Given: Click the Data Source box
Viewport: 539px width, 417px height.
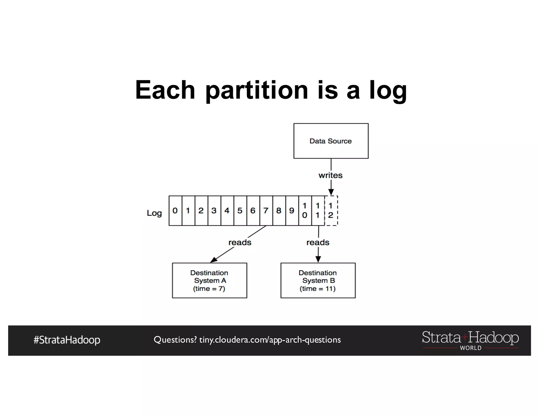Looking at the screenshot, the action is coord(331,141).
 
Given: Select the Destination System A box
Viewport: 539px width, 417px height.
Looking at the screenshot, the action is coord(209,280).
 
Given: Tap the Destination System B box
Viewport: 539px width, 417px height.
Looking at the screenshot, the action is coord(318,280).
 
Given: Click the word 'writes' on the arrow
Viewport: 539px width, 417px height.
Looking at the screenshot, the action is coord(330,175).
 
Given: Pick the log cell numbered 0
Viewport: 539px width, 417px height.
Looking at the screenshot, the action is coord(175,211).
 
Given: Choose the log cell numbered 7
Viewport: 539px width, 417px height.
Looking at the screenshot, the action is coord(266,211).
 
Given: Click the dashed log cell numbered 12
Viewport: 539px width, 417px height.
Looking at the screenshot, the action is coord(331,211).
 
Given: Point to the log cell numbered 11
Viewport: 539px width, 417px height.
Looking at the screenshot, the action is coord(318,211).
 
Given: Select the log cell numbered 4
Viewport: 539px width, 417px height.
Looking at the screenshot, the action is coord(227,211).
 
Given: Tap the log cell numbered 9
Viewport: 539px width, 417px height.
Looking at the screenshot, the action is coord(292,211).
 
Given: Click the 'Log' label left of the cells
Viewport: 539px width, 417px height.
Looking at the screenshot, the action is coord(154,213).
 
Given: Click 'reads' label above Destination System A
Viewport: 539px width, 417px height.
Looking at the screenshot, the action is coord(240,242).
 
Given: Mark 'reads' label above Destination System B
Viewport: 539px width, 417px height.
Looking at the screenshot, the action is coord(318,242).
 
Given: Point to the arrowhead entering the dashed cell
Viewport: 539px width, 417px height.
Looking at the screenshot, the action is coord(331,192).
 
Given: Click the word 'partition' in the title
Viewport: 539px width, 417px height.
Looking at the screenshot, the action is coord(256,90).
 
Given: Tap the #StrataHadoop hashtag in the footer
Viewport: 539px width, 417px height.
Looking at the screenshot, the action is coord(67,340).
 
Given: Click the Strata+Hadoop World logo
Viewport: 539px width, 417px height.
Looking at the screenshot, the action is coord(470,340).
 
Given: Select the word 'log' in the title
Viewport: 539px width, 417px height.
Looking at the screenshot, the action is coord(388,90).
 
